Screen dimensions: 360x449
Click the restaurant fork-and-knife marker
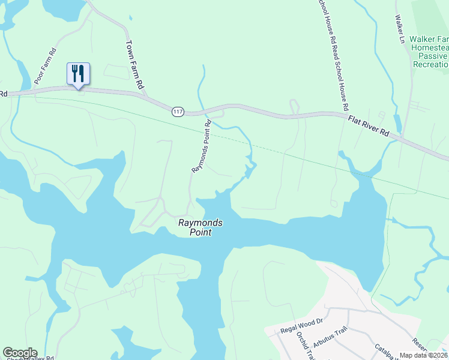[78, 74]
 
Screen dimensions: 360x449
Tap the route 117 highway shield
[177, 112]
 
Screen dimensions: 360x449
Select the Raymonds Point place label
[201, 227]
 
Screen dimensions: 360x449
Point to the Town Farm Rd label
[136, 65]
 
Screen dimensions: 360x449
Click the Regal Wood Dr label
[302, 326]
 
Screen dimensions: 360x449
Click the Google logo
[20, 353]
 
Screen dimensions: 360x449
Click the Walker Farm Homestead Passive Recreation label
[429, 52]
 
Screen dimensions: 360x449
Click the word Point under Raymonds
[201, 232]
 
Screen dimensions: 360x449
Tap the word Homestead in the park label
[430, 47]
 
